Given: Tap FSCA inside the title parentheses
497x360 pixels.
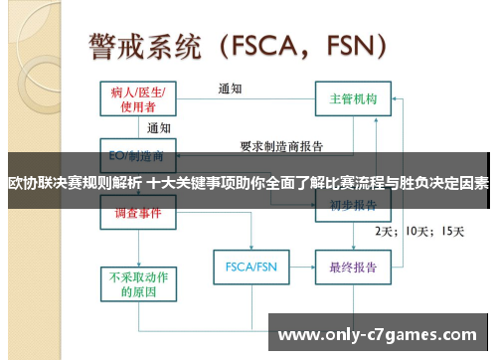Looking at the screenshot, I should (259, 46).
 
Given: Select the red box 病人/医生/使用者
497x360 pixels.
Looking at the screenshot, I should (138, 99).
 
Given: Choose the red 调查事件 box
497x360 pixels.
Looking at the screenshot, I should (138, 212).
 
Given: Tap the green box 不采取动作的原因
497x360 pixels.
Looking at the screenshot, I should (138, 283).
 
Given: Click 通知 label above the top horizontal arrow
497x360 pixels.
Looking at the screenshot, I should (231, 88).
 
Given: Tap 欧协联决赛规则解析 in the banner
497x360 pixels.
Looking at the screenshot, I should (74, 183).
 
